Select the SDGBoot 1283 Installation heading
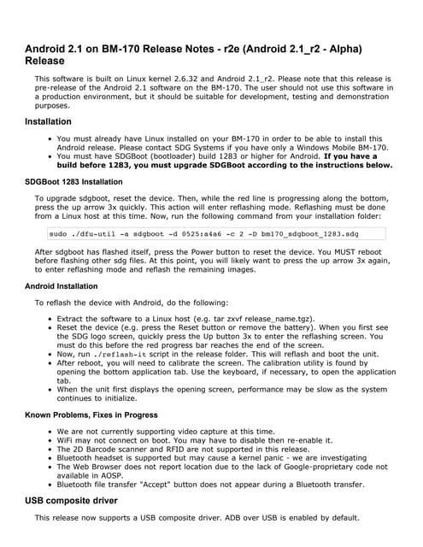[73, 182]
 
